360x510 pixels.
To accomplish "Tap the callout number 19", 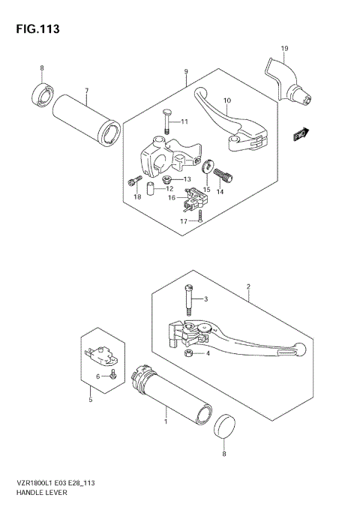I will [284, 49].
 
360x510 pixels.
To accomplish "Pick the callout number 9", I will [184, 72].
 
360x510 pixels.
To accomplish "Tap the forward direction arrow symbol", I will [301, 135].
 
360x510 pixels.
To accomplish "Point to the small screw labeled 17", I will [201, 218].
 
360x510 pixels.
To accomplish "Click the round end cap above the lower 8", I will [224, 427].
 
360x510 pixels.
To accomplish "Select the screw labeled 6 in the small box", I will [112, 374].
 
